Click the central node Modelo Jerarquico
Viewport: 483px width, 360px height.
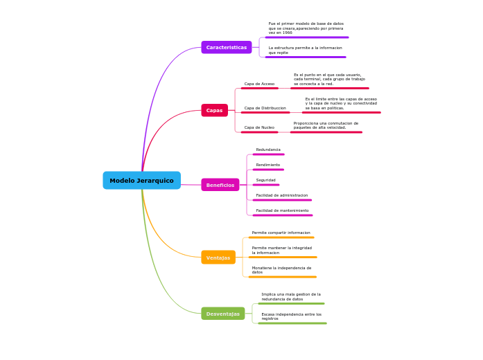[x=141, y=181]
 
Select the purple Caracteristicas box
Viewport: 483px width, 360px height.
[x=227, y=47]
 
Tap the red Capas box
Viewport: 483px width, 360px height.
[x=214, y=110]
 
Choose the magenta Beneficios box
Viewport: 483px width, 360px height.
[x=220, y=185]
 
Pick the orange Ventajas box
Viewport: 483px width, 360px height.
[x=218, y=258]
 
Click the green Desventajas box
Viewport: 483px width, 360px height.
[x=222, y=314]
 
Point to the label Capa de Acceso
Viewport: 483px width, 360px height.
[x=259, y=84]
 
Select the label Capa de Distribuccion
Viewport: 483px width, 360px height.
[x=265, y=108]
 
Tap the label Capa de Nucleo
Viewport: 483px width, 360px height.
[x=259, y=127]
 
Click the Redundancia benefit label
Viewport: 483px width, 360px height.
[x=268, y=150]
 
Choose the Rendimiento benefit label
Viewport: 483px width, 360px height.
[x=268, y=165]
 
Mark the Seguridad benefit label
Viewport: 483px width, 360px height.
[x=265, y=180]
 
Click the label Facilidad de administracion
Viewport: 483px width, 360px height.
[x=281, y=195]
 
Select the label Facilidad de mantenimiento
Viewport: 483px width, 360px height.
[x=282, y=210]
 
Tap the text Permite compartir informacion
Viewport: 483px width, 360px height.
[x=281, y=233]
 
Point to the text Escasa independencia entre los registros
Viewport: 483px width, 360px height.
[x=291, y=316]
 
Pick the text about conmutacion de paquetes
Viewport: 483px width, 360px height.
[x=326, y=125]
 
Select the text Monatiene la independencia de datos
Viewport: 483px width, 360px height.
[x=281, y=270]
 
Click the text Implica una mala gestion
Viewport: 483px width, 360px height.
[x=290, y=296]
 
